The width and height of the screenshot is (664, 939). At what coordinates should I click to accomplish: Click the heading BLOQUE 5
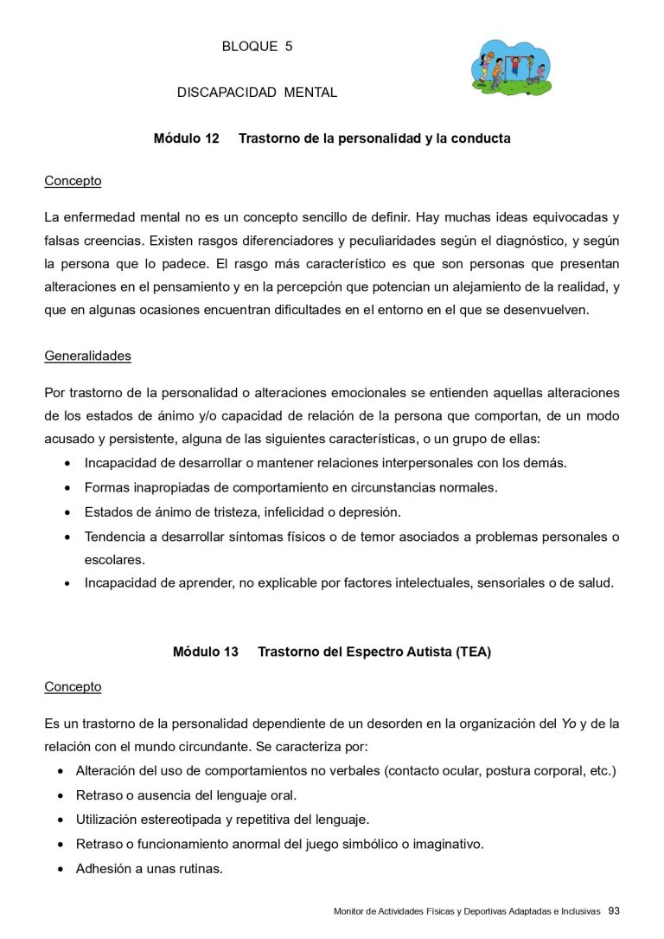257,47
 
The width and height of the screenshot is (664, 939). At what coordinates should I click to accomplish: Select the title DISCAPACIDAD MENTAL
257,93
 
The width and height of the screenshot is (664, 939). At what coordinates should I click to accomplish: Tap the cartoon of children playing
511,68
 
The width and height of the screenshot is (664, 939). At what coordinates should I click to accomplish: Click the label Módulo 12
186,138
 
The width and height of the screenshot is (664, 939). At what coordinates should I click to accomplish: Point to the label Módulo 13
205,653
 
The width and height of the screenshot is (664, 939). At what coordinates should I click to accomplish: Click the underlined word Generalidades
87,356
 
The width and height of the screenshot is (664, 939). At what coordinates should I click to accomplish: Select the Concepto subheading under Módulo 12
73,181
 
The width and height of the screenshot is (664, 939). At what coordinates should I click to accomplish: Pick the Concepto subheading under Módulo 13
73,686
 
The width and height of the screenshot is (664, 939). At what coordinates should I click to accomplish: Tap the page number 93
614,910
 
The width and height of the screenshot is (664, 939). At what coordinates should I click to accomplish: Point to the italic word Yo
569,723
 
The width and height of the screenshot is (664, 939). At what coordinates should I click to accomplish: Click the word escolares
114,559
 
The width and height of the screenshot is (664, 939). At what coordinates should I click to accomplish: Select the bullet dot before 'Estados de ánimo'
67,512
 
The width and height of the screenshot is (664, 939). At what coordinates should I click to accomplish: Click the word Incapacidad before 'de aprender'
118,582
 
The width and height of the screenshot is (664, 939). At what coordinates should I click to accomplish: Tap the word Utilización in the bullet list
107,819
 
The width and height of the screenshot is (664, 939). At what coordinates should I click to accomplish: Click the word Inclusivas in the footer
580,911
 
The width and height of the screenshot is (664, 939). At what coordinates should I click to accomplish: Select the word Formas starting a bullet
106,487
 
